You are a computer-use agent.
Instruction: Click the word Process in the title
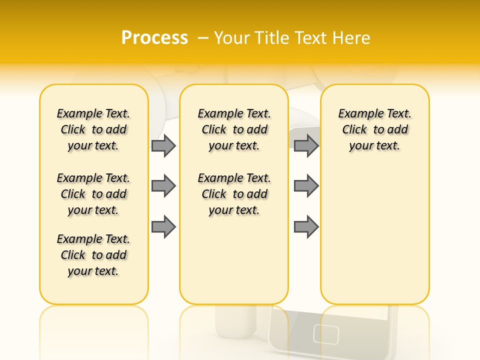pos(154,37)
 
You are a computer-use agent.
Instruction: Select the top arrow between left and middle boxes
pos(163,145)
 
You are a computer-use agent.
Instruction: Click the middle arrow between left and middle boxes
pos(163,186)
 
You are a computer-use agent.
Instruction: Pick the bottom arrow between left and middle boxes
pos(163,227)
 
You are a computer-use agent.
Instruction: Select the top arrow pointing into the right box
pos(306,145)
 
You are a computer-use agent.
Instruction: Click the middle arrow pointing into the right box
pos(306,186)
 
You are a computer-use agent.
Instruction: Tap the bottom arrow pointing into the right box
pos(306,227)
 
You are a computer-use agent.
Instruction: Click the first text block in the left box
pos(93,129)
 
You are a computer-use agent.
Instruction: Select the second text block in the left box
pos(93,194)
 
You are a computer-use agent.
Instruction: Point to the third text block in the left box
pos(93,255)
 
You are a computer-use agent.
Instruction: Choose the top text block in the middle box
pos(234,129)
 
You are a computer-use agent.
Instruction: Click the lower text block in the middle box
pos(234,194)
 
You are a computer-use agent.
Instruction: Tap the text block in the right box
pos(374,129)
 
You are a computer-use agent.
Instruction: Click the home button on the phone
pos(326,334)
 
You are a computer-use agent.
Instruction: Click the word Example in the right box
pos(357,114)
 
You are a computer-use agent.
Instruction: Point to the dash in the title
pos(203,37)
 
